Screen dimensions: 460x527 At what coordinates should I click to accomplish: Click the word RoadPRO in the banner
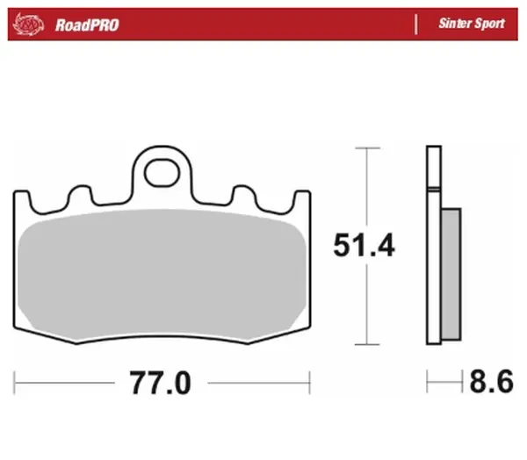(x=86, y=25)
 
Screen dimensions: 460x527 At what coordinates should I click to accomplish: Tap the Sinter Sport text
(x=472, y=24)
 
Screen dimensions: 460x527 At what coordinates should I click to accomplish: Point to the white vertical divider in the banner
(x=415, y=24)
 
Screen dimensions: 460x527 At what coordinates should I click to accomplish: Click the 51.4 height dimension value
(x=364, y=246)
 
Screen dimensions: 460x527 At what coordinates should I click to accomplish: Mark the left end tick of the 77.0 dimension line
(x=15, y=383)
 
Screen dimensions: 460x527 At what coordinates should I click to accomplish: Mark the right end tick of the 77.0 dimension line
(x=309, y=383)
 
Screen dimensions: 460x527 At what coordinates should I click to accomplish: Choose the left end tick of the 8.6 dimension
(x=428, y=383)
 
